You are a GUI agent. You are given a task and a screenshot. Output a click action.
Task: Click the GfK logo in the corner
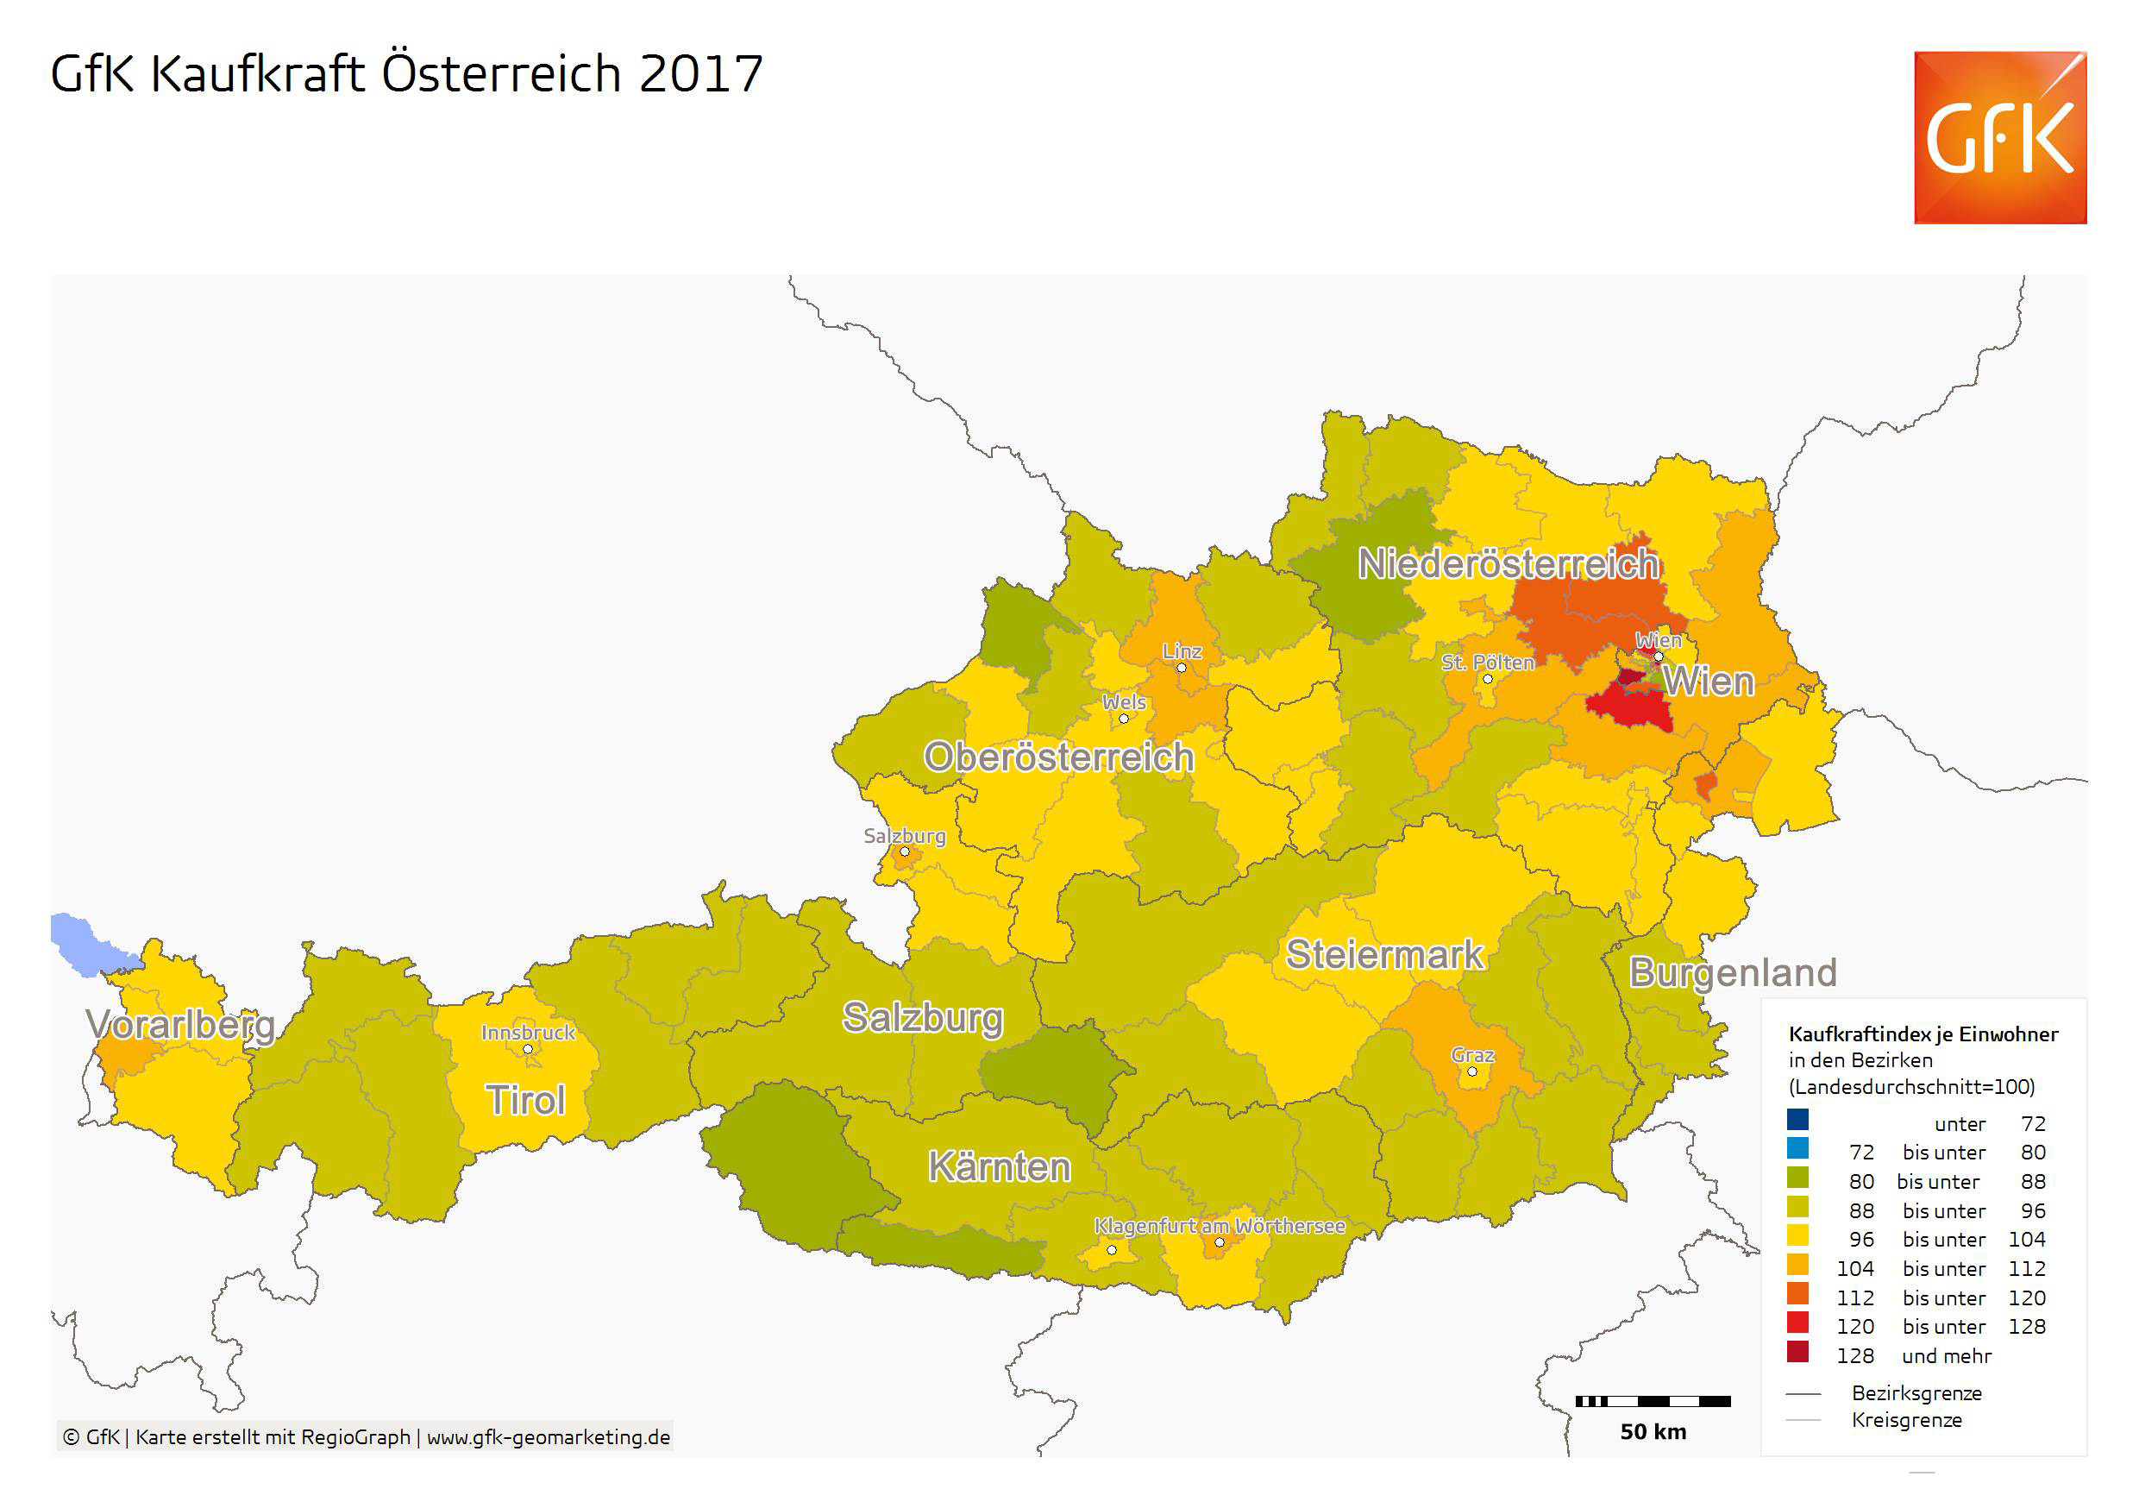(x=1999, y=138)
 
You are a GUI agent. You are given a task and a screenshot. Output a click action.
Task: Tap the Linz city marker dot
(x=1182, y=669)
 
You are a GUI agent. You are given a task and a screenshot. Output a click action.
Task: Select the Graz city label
(x=1473, y=1055)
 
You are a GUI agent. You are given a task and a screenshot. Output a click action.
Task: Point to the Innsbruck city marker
(x=527, y=1049)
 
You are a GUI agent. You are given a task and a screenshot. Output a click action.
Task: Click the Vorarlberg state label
(x=181, y=1025)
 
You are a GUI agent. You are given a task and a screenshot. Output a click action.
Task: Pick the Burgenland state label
(x=1732, y=973)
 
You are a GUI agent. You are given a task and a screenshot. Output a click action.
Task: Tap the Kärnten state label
(x=1000, y=1167)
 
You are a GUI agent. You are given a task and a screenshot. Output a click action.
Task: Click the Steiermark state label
(x=1384, y=955)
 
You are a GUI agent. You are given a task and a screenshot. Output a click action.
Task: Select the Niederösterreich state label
(x=1509, y=564)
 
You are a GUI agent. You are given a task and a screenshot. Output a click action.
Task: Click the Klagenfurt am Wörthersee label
(x=1220, y=1227)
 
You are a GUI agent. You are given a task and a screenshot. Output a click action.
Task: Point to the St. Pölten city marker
(x=1488, y=678)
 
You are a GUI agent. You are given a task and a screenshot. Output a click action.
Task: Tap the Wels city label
(x=1125, y=702)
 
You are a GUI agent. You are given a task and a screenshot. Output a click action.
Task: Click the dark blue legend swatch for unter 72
(x=1798, y=1119)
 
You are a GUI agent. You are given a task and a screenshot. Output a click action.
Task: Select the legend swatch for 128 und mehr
(x=1798, y=1352)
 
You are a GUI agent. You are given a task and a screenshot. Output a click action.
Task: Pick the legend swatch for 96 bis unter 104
(x=1798, y=1236)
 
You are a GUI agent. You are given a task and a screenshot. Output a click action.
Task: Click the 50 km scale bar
(x=1653, y=1401)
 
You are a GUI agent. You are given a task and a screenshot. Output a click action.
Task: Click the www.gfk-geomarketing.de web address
(x=548, y=1437)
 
